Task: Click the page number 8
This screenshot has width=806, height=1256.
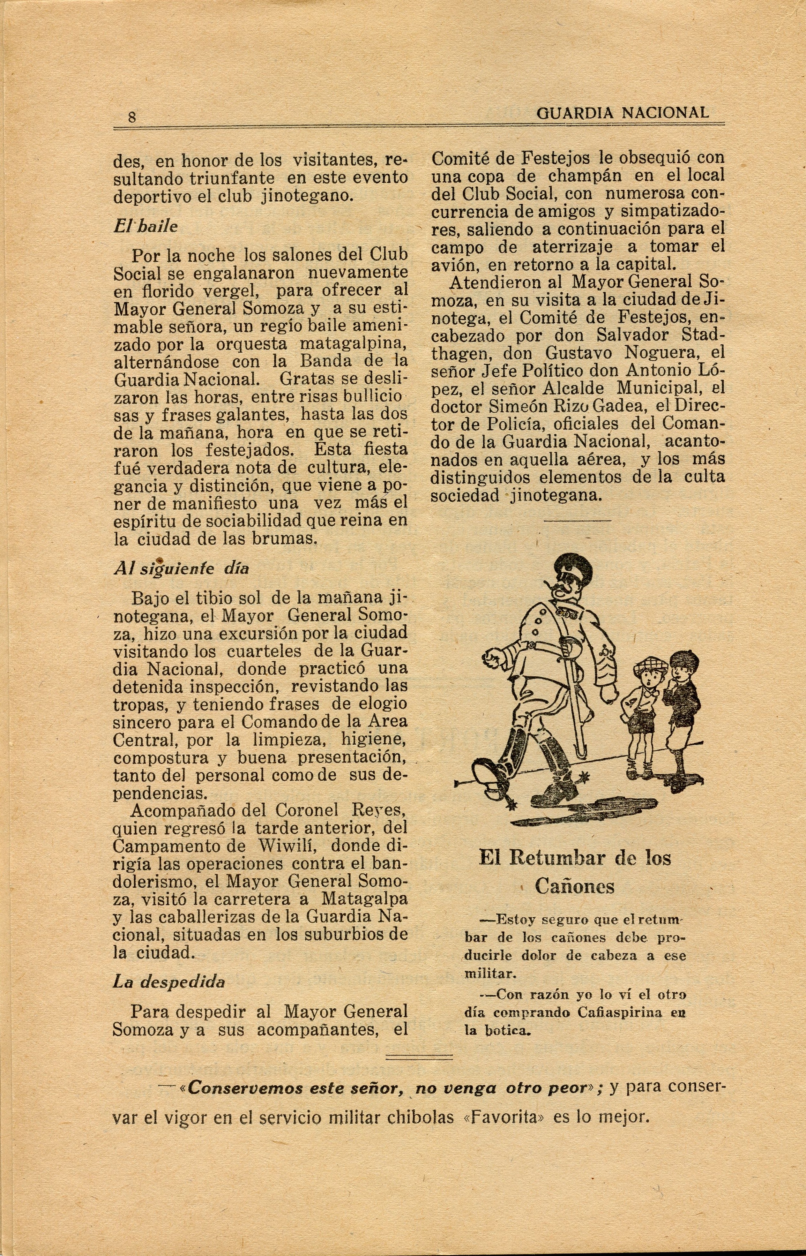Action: (132, 117)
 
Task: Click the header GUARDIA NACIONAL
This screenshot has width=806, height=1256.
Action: (623, 113)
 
